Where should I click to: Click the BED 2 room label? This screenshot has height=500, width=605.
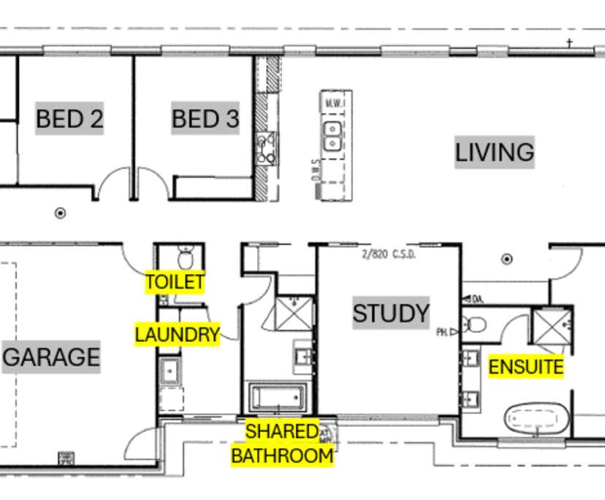[x=69, y=118]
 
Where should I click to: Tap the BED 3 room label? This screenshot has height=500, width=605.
[x=205, y=118]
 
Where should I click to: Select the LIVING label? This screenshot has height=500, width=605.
[x=495, y=153]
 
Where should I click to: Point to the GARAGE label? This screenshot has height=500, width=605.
[x=51, y=357]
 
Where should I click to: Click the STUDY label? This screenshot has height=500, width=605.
[x=391, y=314]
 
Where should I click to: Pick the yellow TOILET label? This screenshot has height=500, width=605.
[x=175, y=282]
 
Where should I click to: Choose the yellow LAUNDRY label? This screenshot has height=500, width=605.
[x=177, y=335]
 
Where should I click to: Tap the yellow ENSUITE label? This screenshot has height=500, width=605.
[x=526, y=366]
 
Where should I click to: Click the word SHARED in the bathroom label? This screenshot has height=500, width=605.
[x=281, y=432]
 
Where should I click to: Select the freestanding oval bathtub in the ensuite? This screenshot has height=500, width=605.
[x=537, y=420]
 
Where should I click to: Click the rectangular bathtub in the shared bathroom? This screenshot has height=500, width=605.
[x=276, y=398]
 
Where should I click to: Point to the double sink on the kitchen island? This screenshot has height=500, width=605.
[x=332, y=135]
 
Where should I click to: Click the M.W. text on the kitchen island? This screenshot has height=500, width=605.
[x=335, y=102]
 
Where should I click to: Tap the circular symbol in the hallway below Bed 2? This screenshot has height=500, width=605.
[x=61, y=213]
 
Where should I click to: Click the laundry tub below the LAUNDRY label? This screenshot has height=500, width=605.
[x=170, y=371]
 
